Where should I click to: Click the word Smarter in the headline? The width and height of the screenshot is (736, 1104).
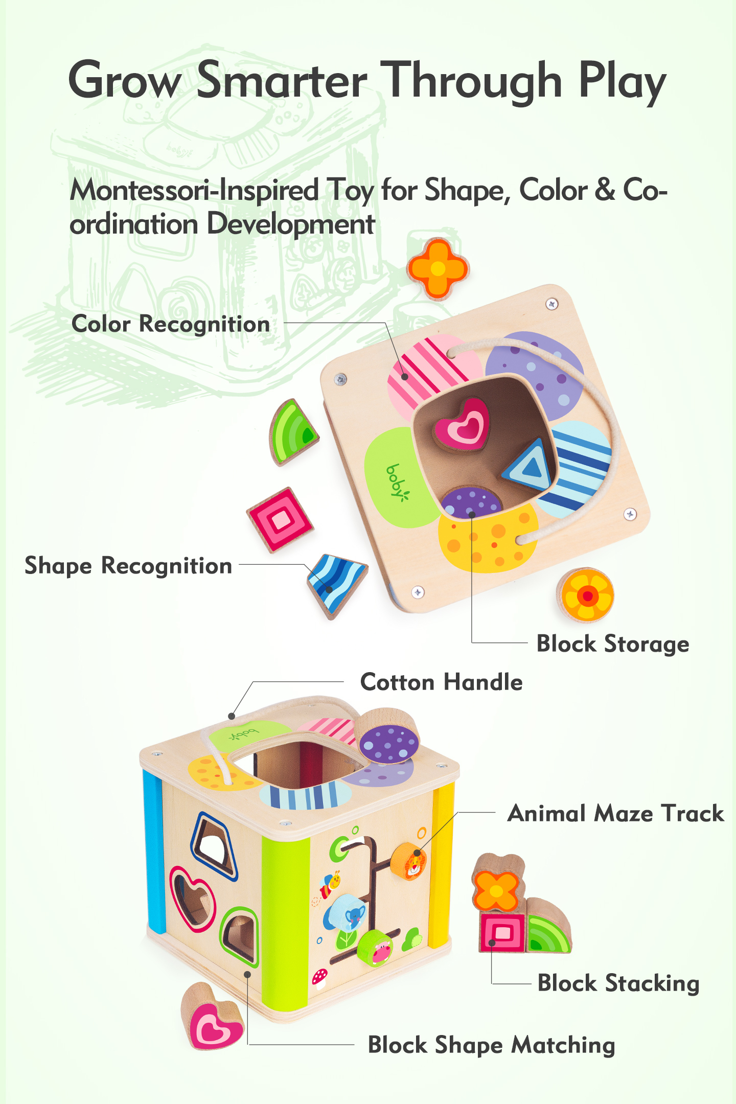(282, 81)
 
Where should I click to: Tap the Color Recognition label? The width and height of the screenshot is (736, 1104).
(171, 324)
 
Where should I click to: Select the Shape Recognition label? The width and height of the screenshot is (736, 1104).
(128, 566)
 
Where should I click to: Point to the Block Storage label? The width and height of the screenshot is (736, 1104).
(612, 644)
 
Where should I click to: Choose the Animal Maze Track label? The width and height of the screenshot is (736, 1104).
(615, 814)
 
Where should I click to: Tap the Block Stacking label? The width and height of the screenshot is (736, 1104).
(618, 983)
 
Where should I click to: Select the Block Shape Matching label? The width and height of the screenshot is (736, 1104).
(491, 1045)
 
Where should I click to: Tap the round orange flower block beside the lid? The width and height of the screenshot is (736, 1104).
(586, 595)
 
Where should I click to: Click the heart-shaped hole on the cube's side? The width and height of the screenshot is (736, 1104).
(192, 899)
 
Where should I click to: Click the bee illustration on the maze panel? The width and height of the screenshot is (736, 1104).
(331, 883)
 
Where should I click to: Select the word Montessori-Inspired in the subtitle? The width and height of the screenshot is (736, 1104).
(194, 191)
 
